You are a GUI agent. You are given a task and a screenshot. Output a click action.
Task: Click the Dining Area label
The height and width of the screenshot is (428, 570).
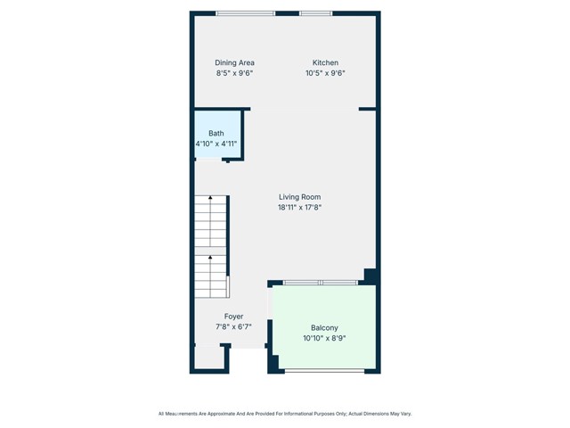pos(234,62)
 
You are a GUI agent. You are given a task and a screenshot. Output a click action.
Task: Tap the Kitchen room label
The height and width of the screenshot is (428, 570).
pos(324,62)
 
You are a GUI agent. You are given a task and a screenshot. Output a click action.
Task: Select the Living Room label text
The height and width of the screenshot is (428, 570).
pos(299,197)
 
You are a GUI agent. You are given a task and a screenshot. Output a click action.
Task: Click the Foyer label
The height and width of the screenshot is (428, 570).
pos(233,317)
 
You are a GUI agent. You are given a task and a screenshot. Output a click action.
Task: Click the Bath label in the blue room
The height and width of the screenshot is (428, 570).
pos(216,133)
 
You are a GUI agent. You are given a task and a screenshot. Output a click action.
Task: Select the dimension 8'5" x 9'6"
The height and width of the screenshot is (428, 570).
pos(234,73)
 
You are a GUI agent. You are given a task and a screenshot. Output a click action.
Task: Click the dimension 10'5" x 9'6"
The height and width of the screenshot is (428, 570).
pos(325,73)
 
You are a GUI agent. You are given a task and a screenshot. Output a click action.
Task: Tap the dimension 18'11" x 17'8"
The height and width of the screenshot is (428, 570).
pos(299,208)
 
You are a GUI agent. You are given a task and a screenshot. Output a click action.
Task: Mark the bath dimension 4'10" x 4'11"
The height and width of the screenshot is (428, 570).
pos(216,144)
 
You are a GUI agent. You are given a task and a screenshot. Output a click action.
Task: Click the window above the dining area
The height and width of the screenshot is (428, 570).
pos(245,13)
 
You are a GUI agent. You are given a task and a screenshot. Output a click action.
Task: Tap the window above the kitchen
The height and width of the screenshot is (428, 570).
pos(315,13)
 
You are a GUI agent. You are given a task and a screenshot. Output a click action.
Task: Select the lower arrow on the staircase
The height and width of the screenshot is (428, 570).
pos(210,259)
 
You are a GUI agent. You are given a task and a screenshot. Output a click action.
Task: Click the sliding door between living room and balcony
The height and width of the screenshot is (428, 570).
pos(321,283)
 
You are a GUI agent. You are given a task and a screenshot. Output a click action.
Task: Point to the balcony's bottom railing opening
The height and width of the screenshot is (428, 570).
pos(323,370)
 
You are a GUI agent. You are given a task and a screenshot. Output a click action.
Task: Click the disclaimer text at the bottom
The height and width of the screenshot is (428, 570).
pos(285,414)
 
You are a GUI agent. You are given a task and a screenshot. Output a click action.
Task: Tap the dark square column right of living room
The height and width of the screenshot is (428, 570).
pos(370,276)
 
